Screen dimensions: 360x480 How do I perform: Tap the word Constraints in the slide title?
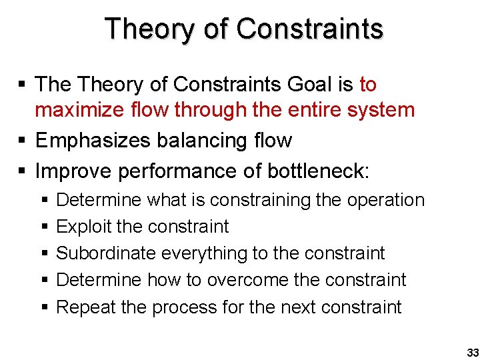pos(310,29)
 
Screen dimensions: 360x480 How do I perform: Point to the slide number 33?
pos(473,352)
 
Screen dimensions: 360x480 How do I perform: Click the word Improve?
pos(73,171)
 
